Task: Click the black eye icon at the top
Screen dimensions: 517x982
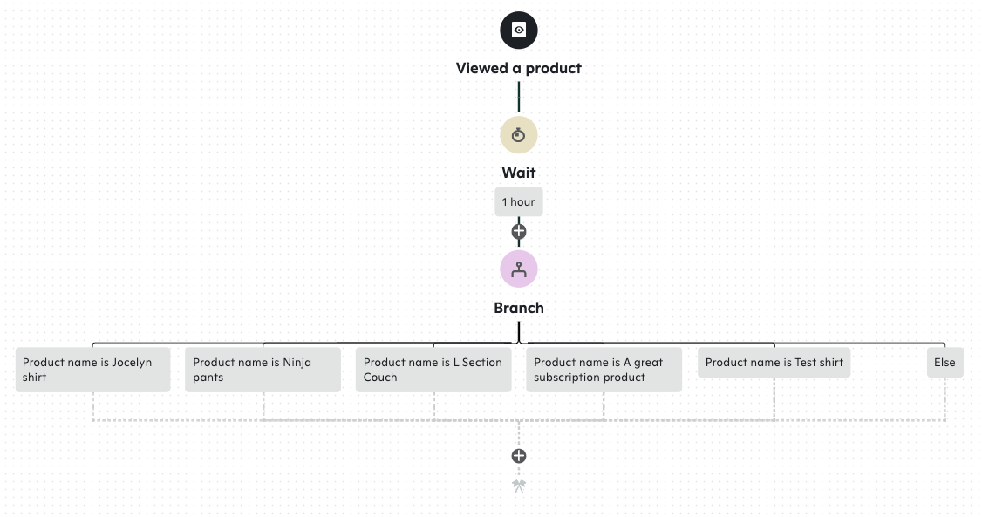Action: [x=519, y=31]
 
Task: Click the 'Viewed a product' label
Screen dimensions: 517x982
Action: [x=519, y=68]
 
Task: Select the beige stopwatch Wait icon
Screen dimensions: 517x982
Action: [x=519, y=135]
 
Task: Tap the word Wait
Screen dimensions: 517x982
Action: [x=519, y=173]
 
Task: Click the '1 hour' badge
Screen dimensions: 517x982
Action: [x=519, y=202]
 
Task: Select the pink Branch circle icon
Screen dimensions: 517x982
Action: [x=519, y=269]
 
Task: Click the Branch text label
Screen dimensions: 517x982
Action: [x=519, y=308]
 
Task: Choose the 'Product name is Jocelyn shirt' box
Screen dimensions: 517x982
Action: [x=92, y=370]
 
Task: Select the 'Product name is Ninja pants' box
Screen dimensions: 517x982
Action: [x=263, y=370]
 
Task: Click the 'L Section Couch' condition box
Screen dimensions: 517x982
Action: [x=433, y=370]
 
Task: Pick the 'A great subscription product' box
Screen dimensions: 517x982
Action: [x=604, y=370]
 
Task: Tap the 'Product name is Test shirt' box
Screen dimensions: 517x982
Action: [x=774, y=362]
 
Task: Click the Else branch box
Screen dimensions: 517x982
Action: [x=944, y=362]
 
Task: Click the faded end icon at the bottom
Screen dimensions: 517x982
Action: [x=519, y=486]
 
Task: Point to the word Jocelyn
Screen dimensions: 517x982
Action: [x=132, y=363]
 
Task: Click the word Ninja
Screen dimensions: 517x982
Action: [x=297, y=363]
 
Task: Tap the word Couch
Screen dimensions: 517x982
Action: [x=380, y=378]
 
